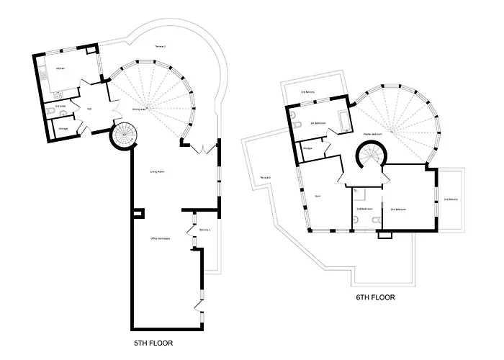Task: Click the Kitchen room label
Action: (x=60, y=68)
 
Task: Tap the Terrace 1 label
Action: (x=160, y=47)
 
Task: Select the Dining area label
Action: (x=139, y=109)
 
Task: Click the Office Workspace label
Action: (x=160, y=238)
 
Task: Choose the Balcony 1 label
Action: (x=204, y=230)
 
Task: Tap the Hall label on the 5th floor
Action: (x=89, y=109)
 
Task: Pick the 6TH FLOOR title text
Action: (x=375, y=297)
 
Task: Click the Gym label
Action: (x=317, y=195)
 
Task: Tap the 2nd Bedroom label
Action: (x=398, y=209)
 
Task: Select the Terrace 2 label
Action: (x=264, y=177)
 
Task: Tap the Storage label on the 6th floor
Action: (x=307, y=148)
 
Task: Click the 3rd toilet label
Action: (x=60, y=106)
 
